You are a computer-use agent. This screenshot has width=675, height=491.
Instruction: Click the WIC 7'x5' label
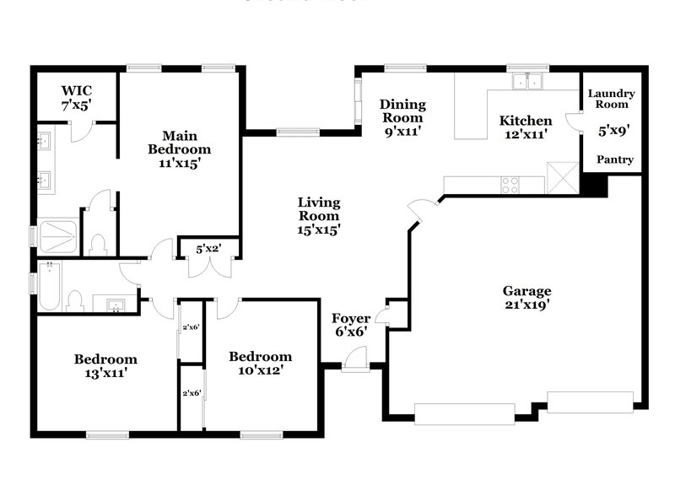click(76, 98)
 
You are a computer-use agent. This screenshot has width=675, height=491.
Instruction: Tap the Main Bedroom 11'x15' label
click(180, 149)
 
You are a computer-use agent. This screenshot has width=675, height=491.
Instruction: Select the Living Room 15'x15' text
click(318, 216)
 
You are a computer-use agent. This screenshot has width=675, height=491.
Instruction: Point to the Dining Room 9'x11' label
click(402, 117)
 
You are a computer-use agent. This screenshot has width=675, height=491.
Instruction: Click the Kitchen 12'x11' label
click(525, 127)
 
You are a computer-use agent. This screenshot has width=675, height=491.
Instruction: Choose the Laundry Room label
click(611, 100)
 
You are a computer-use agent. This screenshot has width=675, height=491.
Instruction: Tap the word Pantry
click(615, 159)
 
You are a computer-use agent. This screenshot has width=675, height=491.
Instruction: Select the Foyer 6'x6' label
click(351, 326)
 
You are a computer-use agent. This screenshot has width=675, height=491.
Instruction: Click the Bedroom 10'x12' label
click(261, 363)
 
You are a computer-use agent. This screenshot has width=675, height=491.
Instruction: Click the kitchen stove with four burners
click(510, 184)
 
